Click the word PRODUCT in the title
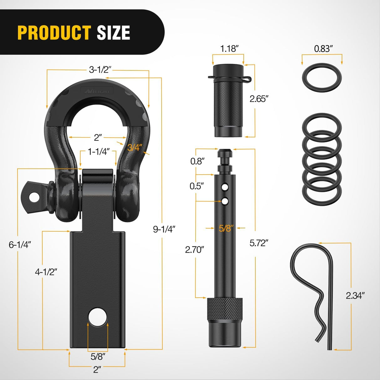[54, 33]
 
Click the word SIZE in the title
[113, 33]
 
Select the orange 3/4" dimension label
[135, 147]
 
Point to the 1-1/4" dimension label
[98, 152]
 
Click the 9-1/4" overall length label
[164, 229]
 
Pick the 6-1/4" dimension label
[20, 244]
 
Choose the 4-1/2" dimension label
[46, 272]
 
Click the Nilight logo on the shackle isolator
[97, 91]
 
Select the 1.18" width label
[229, 49]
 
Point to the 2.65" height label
[259, 99]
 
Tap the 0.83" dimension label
[323, 49]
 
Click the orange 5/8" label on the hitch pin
[226, 228]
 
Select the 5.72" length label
[259, 243]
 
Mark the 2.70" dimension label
[194, 249]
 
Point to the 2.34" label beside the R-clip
[355, 295]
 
